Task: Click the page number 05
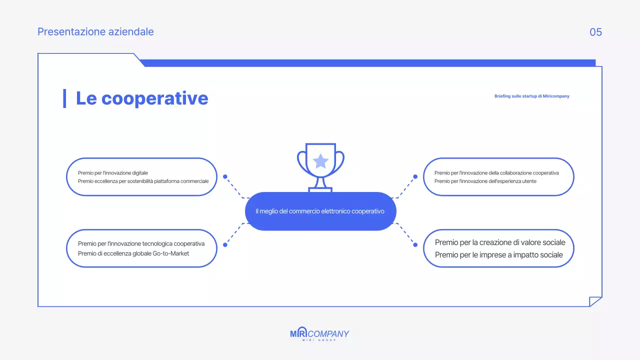595,32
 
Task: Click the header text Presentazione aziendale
95,32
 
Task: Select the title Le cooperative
142,98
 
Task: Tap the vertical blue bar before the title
64,98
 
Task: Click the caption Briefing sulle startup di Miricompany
531,96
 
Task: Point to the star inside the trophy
320,161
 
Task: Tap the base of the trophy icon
320,189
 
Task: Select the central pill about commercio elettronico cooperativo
320,211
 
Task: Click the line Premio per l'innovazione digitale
113,173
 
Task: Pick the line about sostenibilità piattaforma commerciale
143,181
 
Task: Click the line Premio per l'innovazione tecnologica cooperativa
141,244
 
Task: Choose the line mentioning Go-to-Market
133,253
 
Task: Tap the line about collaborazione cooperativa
496,173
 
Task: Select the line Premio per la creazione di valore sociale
500,242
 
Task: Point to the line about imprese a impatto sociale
498,255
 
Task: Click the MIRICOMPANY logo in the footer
320,334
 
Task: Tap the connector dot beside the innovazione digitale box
225,176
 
